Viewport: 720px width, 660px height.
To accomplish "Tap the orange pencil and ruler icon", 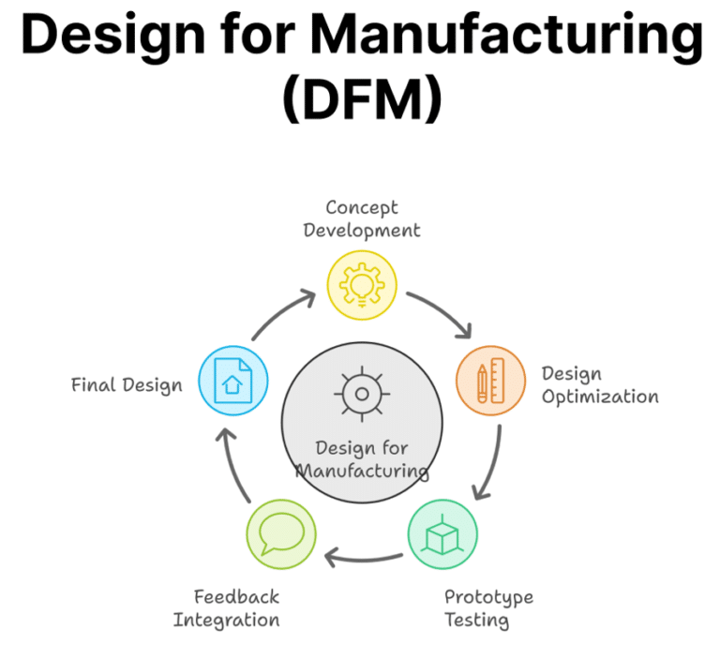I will [x=490, y=382].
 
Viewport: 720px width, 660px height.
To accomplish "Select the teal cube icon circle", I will [x=442, y=534].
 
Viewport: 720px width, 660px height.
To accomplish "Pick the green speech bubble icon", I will [x=280, y=534].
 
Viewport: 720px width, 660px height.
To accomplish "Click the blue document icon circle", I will [x=233, y=382].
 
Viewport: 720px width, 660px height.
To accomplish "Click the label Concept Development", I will [x=361, y=218].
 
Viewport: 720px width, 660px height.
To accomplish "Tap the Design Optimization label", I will [x=599, y=384].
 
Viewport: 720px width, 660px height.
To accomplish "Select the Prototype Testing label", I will [x=487, y=607].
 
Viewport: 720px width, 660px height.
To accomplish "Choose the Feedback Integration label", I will [x=226, y=607].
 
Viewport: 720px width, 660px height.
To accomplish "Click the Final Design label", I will [x=127, y=384].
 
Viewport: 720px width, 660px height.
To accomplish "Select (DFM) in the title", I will [x=361, y=97].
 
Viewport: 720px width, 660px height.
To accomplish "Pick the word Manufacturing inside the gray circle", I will [x=362, y=470].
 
